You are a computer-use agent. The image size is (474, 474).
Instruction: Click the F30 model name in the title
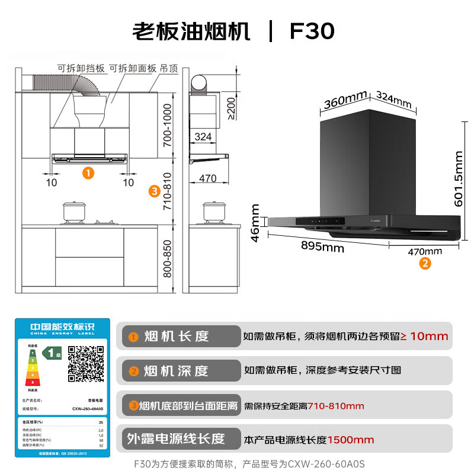coord(312,31)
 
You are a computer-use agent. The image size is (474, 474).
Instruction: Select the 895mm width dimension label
coord(322,247)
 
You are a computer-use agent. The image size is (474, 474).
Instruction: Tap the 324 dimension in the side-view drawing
coord(203,137)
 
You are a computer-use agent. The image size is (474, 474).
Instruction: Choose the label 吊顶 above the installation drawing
coord(169,69)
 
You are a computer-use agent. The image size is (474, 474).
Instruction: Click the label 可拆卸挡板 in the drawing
coord(81,69)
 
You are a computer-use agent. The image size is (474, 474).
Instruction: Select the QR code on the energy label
coord(86,363)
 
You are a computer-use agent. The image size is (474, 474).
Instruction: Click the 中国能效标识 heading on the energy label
coord(62,326)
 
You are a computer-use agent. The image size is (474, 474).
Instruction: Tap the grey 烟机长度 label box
coord(178,336)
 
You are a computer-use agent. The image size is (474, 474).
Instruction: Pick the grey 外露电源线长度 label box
coord(178,439)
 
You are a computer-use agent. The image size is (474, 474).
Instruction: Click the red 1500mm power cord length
coord(351,440)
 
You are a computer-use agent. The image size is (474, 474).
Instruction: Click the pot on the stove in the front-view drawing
coord(74,212)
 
